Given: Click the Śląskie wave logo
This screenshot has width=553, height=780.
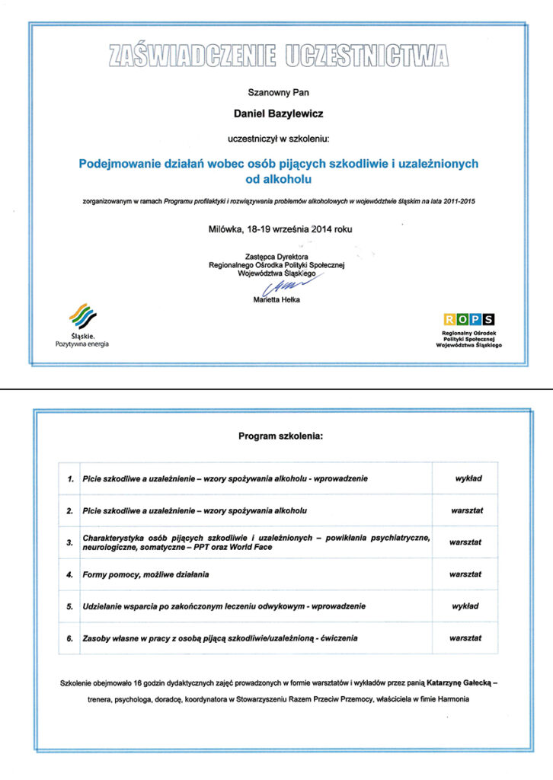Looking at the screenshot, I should pos(82,316).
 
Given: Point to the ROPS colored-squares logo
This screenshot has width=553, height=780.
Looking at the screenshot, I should pos(468,319).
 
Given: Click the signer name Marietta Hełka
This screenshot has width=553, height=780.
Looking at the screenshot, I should pos(276,300).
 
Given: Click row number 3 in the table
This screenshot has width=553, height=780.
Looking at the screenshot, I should pos(70,542).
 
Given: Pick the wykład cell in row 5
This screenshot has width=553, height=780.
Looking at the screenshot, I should pos(465,606).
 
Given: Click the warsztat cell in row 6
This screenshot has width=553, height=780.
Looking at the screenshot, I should pos(465,638).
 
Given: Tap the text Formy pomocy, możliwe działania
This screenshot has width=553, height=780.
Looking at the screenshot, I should pos(145,574).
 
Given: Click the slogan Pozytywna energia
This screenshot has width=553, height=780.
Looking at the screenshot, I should pos(82,344).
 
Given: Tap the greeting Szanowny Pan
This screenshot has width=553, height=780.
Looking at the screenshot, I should pos(276,93).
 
